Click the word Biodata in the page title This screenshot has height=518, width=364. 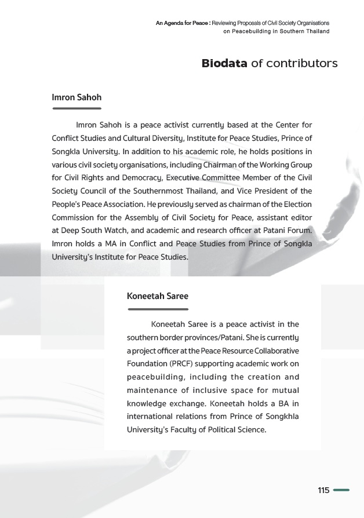224,63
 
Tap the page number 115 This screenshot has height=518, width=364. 323,490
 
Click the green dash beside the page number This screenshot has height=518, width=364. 341,490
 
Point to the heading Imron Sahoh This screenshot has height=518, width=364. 77,97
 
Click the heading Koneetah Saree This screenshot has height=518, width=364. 158,296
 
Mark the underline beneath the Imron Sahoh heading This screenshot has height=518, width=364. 77,108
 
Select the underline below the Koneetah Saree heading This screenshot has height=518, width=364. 158,309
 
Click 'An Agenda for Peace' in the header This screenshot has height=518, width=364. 182,23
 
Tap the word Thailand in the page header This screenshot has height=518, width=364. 315,31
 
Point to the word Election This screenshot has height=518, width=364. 297,204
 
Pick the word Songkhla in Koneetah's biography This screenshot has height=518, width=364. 282,417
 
